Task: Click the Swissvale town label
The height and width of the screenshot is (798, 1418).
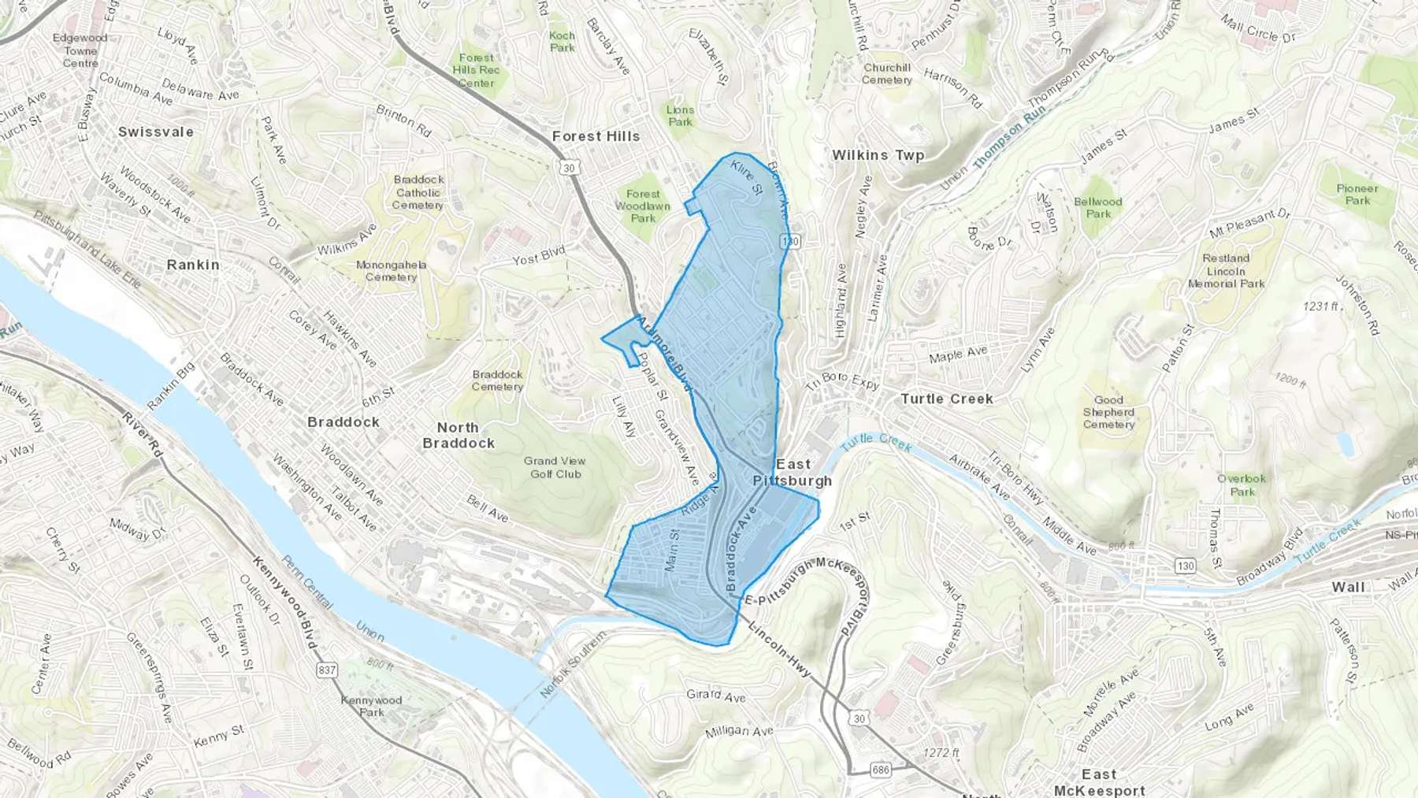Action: (155, 132)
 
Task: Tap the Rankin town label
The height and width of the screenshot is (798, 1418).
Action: (193, 265)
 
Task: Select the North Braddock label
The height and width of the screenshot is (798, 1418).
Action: (458, 435)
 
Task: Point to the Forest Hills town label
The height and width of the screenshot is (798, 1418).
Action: (596, 136)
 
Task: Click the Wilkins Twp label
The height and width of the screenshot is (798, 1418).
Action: (878, 155)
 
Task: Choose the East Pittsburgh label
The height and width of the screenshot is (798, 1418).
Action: (793, 473)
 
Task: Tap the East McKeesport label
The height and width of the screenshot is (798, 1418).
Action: (1099, 782)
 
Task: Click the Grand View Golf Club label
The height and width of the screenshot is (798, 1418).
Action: (555, 467)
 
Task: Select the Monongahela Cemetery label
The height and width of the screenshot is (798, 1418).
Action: (391, 271)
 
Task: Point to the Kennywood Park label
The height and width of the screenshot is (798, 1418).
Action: (371, 706)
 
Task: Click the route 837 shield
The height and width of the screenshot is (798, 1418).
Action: (327, 670)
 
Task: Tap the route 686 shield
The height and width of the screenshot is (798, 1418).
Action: (881, 769)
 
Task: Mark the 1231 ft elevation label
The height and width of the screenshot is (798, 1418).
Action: (1320, 306)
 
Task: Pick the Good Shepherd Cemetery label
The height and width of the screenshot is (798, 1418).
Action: (1108, 412)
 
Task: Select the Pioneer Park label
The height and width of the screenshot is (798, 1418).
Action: (1357, 194)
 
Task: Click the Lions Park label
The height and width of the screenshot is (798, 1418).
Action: (680, 116)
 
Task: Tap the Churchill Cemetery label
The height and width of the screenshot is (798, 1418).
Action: (887, 74)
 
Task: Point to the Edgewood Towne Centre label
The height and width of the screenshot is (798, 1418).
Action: (80, 50)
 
